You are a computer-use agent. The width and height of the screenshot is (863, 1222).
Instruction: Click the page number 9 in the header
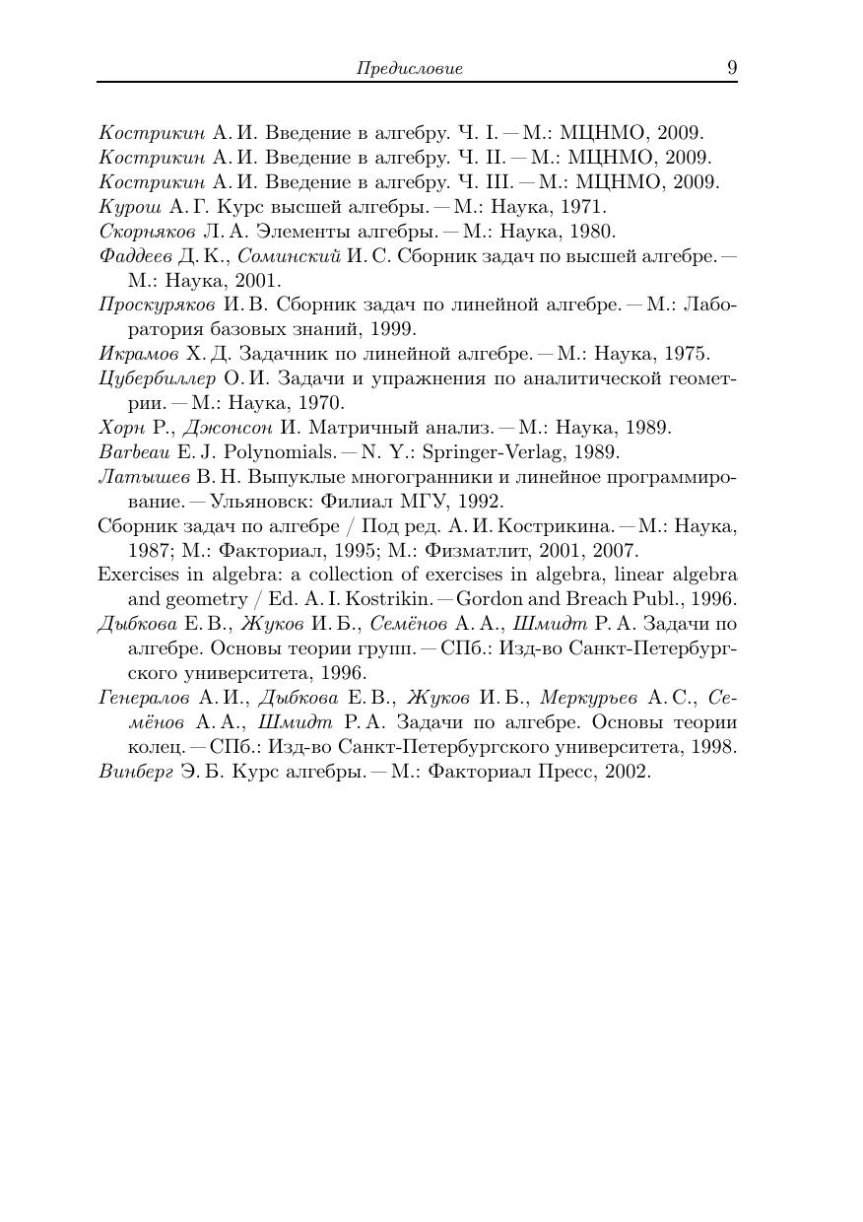[732, 67]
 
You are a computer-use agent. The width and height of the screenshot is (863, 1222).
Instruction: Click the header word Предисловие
[409, 69]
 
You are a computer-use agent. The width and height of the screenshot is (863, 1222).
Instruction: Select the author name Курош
[130, 207]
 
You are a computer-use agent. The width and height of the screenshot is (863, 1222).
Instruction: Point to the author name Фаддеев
[135, 256]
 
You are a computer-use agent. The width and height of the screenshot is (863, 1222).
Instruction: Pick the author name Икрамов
[139, 354]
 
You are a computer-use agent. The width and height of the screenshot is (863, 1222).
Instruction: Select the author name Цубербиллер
[157, 378]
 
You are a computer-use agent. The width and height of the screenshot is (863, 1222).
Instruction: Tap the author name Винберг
[134, 771]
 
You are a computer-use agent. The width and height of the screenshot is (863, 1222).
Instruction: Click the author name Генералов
[144, 698]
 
